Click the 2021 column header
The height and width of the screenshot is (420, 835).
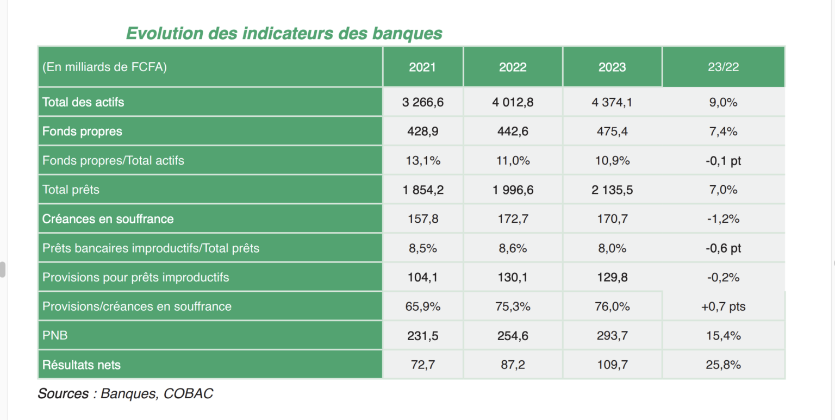click(422, 67)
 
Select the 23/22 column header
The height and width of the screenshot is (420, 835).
click(723, 67)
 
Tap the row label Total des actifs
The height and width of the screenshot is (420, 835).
click(83, 102)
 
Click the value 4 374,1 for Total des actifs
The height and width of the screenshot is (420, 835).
click(612, 102)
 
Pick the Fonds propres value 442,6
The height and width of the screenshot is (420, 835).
click(513, 131)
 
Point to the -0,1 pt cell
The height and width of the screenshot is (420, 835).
click(723, 161)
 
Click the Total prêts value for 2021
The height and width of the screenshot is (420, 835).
click(422, 190)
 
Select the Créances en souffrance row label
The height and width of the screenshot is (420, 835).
click(108, 219)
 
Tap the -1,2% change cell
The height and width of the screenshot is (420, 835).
click(723, 219)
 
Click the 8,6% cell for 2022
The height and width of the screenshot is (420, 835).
click(513, 248)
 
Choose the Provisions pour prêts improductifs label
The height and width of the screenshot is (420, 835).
click(136, 278)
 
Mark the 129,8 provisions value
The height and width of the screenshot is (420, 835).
click(612, 278)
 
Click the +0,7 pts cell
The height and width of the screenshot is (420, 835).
click(723, 307)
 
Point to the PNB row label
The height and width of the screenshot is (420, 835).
click(55, 336)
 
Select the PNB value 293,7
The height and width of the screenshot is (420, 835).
click(612, 336)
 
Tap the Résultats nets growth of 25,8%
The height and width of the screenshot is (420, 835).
click(723, 365)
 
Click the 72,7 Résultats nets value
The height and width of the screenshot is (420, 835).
click(422, 365)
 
